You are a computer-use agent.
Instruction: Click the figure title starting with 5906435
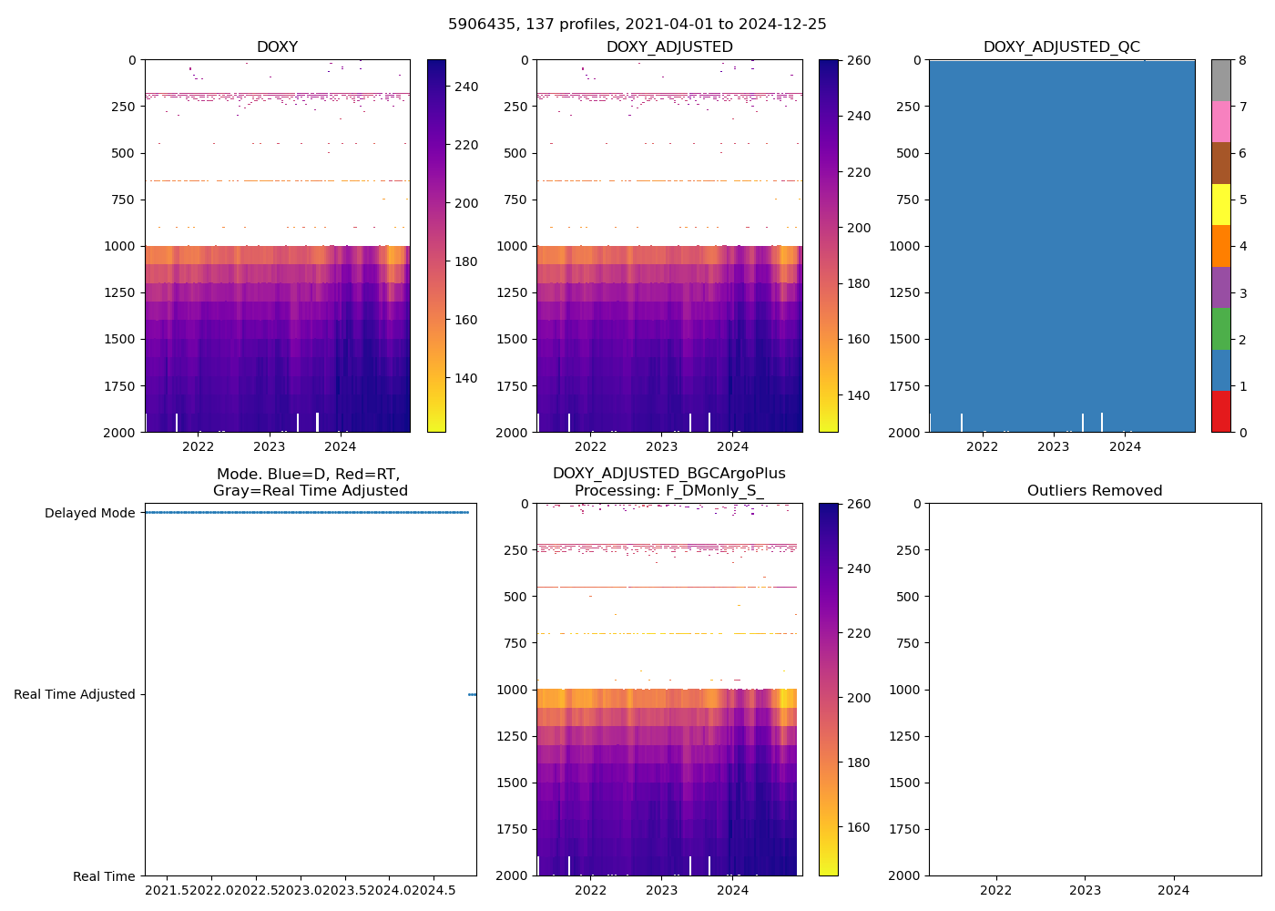click(637, 25)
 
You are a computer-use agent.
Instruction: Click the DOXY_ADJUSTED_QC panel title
click(1061, 47)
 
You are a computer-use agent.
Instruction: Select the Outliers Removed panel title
click(1094, 491)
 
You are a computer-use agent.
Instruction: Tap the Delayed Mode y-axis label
click(89, 513)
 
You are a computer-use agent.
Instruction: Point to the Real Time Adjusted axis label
click(74, 694)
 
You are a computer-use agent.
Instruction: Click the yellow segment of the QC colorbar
click(1220, 205)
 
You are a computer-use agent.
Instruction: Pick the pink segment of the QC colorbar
click(1220, 122)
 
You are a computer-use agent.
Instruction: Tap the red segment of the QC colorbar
click(1220, 412)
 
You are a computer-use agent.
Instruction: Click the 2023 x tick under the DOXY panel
click(269, 446)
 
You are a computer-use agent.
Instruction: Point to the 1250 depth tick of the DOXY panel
click(121, 292)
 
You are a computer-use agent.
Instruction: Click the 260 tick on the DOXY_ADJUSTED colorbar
click(858, 60)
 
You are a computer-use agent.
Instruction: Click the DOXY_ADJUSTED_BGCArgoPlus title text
click(668, 474)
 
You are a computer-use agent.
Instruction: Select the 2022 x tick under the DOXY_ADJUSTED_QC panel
click(982, 446)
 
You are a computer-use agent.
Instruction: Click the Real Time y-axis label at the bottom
click(104, 876)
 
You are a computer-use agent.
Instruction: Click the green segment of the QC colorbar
click(1220, 329)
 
